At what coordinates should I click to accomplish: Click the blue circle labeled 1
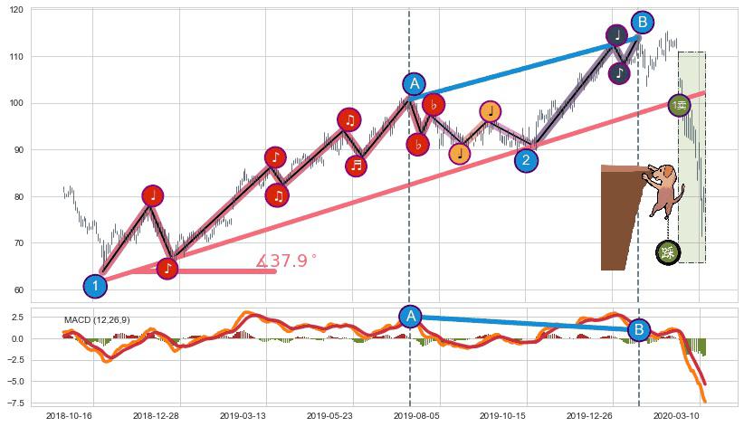pos(95,286)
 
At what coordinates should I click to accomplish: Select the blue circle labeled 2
pos(527,160)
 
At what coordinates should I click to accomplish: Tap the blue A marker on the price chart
pos(414,84)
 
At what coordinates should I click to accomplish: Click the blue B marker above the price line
pos(642,23)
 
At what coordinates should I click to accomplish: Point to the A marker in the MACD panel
pos(410,316)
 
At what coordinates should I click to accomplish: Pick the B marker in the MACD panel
pos(639,329)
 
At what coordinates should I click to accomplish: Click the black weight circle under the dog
pos(668,252)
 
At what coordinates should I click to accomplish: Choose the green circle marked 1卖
pos(680,105)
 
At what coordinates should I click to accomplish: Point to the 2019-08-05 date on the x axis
pos(415,415)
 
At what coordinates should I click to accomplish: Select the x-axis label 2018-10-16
pos(69,415)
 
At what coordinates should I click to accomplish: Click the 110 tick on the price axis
pos(18,56)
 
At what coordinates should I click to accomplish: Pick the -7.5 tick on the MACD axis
pos(16,403)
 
